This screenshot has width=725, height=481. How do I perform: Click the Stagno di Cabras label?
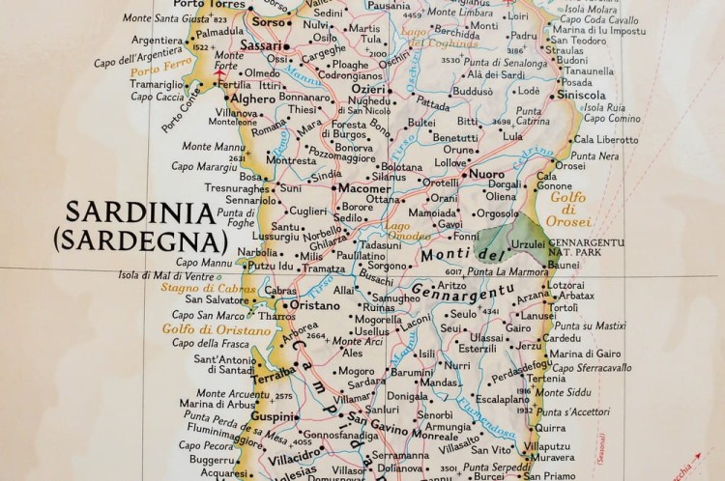tap(201, 287)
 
